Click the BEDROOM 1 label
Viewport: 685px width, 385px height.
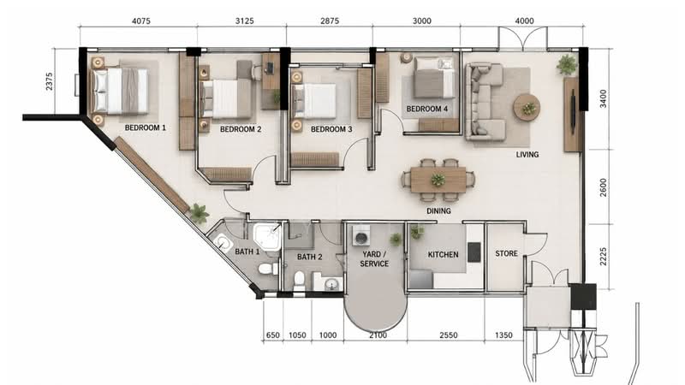click(x=145, y=127)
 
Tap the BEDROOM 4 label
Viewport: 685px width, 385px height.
click(x=426, y=109)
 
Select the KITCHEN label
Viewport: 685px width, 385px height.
click(x=443, y=254)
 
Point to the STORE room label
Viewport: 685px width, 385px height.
click(x=506, y=253)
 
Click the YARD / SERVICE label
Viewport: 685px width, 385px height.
click(x=374, y=259)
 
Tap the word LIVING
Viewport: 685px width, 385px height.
click(x=527, y=155)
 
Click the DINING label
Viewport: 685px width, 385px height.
click(x=438, y=210)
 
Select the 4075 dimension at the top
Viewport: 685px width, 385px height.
click(x=141, y=21)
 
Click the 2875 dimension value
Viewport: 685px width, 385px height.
click(x=330, y=21)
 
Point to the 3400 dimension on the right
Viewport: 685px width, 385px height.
click(x=604, y=98)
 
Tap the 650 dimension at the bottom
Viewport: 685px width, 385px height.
click(x=272, y=335)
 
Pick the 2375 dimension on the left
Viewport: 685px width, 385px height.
click(x=49, y=81)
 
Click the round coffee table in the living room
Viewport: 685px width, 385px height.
click(x=527, y=107)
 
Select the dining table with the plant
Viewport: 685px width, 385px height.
click(x=438, y=180)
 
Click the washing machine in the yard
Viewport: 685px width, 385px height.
click(x=361, y=236)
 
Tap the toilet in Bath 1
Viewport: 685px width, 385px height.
click(x=268, y=269)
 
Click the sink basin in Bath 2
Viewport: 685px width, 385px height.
click(x=331, y=285)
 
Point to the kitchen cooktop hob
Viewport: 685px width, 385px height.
click(x=474, y=252)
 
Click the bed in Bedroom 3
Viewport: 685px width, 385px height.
click(x=314, y=101)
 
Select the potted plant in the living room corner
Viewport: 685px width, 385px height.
click(x=567, y=65)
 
